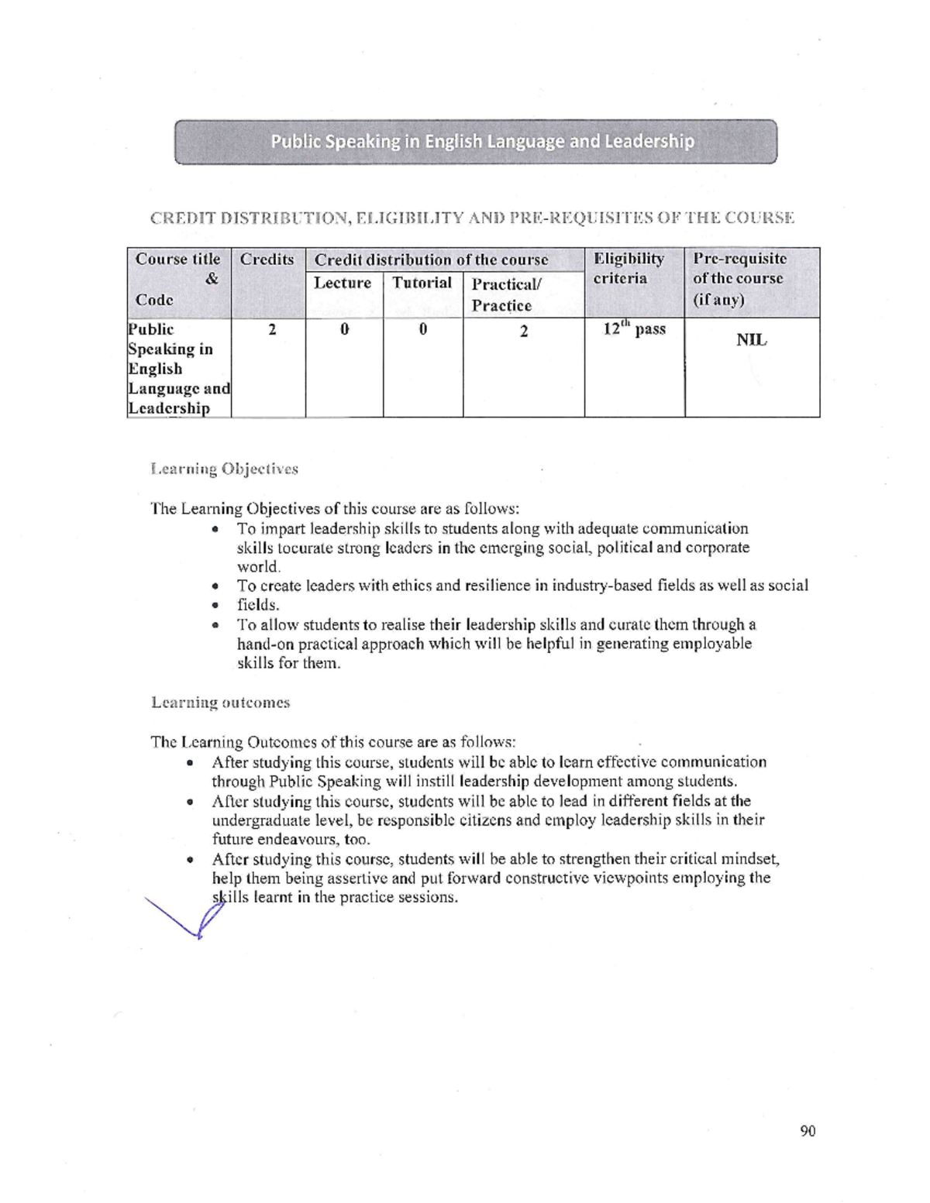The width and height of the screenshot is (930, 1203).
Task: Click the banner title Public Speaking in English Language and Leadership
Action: tap(481, 142)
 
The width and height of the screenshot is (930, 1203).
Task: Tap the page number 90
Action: tap(808, 1131)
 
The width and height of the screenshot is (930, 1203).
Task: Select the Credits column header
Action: tap(267, 260)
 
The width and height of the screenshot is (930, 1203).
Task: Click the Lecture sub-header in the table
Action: tap(343, 284)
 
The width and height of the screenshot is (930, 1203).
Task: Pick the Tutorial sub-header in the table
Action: tap(422, 283)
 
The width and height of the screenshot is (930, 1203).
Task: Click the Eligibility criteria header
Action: tap(629, 268)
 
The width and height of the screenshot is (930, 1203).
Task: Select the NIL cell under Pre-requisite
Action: tap(751, 340)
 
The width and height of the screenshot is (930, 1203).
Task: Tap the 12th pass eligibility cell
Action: tap(634, 329)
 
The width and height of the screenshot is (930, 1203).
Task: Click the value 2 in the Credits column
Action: tap(272, 330)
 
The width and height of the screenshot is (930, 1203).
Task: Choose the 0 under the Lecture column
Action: tap(344, 330)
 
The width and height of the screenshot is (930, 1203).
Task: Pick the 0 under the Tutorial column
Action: tap(423, 330)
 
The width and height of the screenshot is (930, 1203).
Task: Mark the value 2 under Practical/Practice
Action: tap(524, 332)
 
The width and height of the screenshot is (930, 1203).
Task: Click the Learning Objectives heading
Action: tap(225, 469)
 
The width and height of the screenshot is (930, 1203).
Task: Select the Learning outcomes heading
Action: tap(221, 703)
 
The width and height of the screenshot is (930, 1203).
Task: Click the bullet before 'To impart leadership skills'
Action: tap(215, 530)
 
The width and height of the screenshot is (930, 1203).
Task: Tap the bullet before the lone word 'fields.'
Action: tap(215, 606)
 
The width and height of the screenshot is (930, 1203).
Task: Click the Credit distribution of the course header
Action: tap(431, 260)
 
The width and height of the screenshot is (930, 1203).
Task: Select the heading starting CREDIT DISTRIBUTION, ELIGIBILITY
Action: tap(472, 218)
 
